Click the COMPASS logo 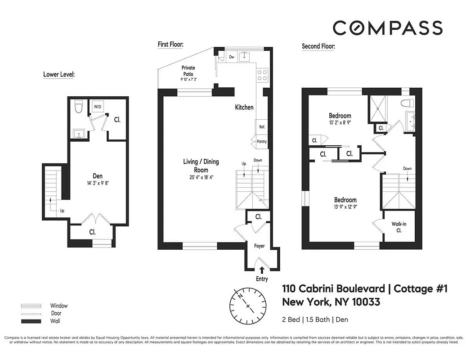(387, 28)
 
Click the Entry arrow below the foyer (262, 270)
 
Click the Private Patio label (188, 71)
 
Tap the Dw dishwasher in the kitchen (232, 57)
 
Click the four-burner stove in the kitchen (262, 75)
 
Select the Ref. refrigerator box (262, 127)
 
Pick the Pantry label (261, 141)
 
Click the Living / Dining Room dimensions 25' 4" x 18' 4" (195, 177)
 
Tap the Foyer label (259, 246)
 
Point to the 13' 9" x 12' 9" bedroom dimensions (345, 207)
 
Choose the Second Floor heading (318, 46)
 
